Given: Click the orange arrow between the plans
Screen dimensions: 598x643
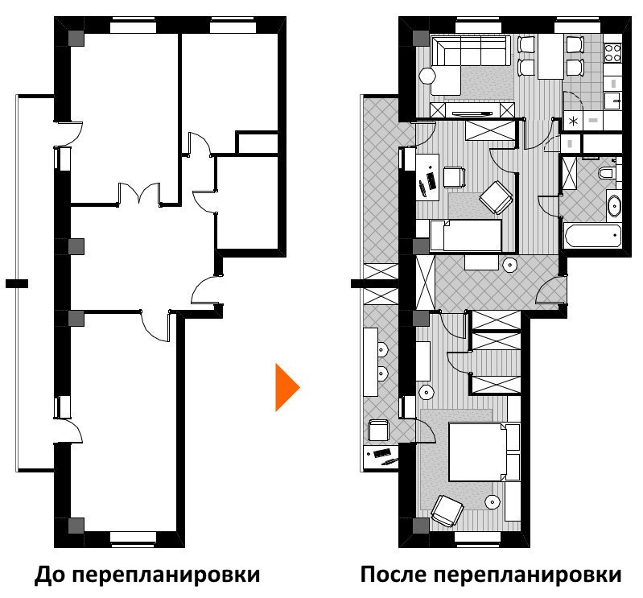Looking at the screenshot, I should [x=286, y=387].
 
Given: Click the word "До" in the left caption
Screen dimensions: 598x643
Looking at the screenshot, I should [x=50, y=576].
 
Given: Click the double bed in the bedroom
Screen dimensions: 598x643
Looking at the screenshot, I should [x=476, y=452].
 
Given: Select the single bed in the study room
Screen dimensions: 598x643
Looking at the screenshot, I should [x=464, y=235].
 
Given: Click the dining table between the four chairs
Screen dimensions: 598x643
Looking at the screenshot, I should [x=550, y=56].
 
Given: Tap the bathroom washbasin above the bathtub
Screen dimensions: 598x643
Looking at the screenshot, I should [x=613, y=204].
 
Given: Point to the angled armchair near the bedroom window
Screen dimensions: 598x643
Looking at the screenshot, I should [x=446, y=509].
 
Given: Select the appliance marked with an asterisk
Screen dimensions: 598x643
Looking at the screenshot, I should [x=574, y=121].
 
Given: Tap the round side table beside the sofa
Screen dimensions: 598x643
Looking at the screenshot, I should [x=427, y=76].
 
